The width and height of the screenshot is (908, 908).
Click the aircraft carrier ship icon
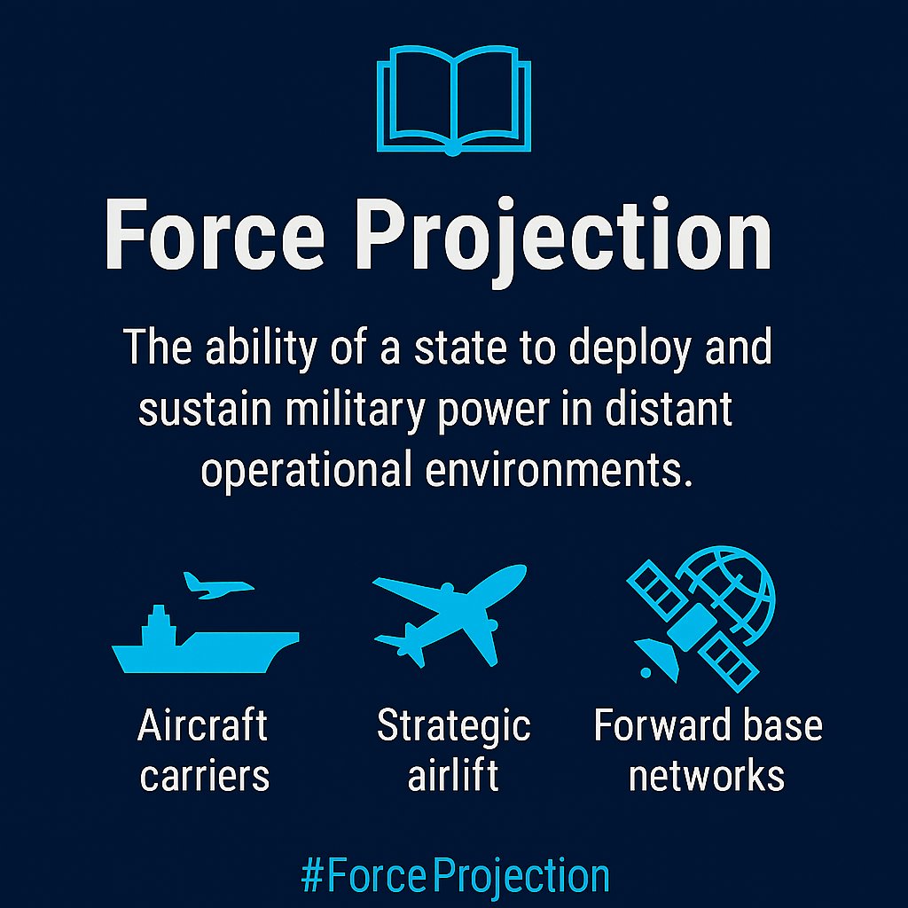coord(204,643)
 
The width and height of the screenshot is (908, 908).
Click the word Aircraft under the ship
coord(203,726)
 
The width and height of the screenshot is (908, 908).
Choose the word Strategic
coord(453,726)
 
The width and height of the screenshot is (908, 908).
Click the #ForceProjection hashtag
coord(455,876)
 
